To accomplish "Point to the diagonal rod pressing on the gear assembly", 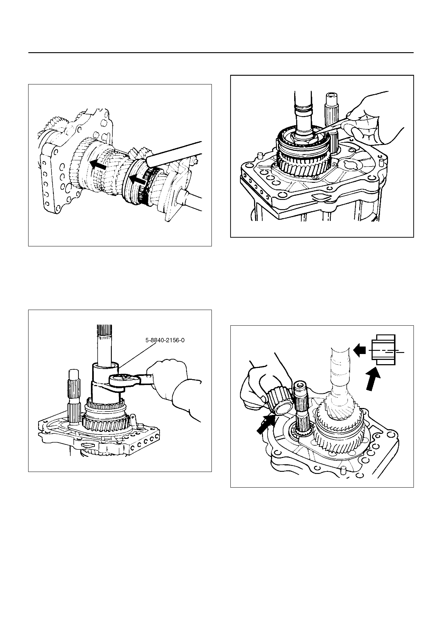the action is pos(174,153).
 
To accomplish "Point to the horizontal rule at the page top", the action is pos(221,53).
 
